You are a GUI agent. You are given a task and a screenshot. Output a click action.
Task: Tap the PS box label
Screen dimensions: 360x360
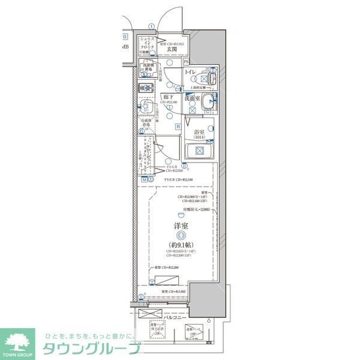[186, 62]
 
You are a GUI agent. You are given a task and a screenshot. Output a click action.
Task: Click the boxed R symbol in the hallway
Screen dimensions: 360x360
[178, 126]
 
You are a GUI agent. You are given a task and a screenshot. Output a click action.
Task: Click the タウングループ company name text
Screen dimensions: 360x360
[90, 348]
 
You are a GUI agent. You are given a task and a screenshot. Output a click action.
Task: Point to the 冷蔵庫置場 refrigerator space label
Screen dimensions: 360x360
[147, 124]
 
